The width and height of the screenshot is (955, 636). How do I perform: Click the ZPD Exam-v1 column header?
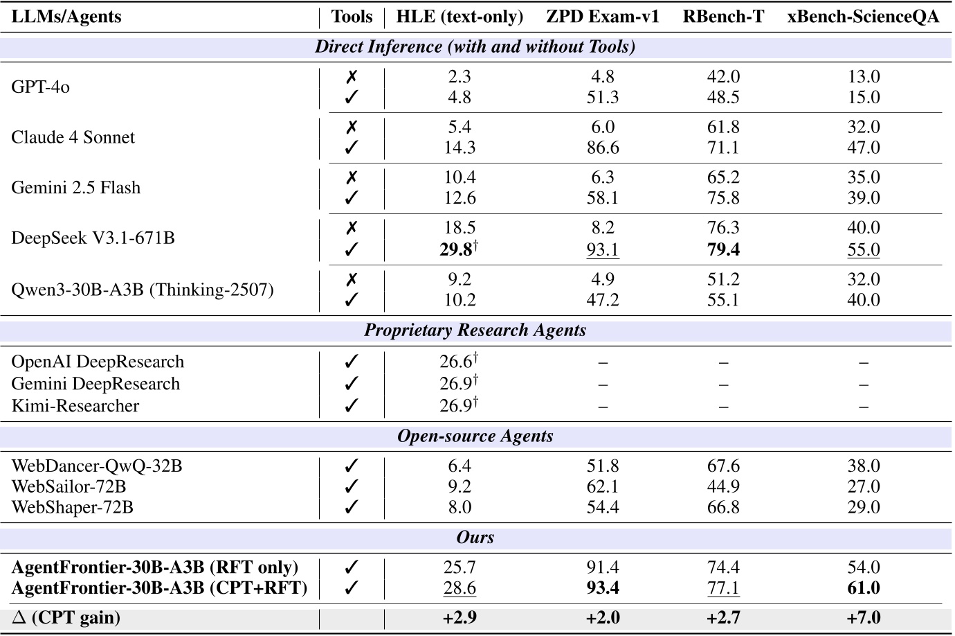602,17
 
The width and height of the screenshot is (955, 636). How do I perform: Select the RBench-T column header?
723,17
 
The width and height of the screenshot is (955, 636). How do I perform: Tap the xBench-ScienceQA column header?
863,17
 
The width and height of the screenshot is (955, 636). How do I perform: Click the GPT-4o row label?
41,87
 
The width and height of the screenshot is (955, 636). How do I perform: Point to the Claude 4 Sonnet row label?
73,137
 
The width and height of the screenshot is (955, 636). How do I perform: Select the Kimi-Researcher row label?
75,406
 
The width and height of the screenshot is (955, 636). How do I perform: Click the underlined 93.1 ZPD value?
602,249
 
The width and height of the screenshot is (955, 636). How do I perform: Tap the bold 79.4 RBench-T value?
723,249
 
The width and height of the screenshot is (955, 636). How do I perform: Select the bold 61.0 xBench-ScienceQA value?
863,588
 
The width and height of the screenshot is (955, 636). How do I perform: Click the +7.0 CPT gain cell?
863,617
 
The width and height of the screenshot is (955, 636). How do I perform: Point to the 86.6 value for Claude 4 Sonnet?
602,148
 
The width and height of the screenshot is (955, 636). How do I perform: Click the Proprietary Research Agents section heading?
475,330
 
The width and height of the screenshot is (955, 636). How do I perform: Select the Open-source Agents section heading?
475,436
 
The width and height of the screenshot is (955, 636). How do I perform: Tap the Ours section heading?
475,538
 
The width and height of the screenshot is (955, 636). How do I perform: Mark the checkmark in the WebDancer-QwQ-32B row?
352,466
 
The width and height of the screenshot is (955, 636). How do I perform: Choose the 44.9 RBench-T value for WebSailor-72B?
723,486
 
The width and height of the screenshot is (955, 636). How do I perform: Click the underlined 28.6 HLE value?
460,588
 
